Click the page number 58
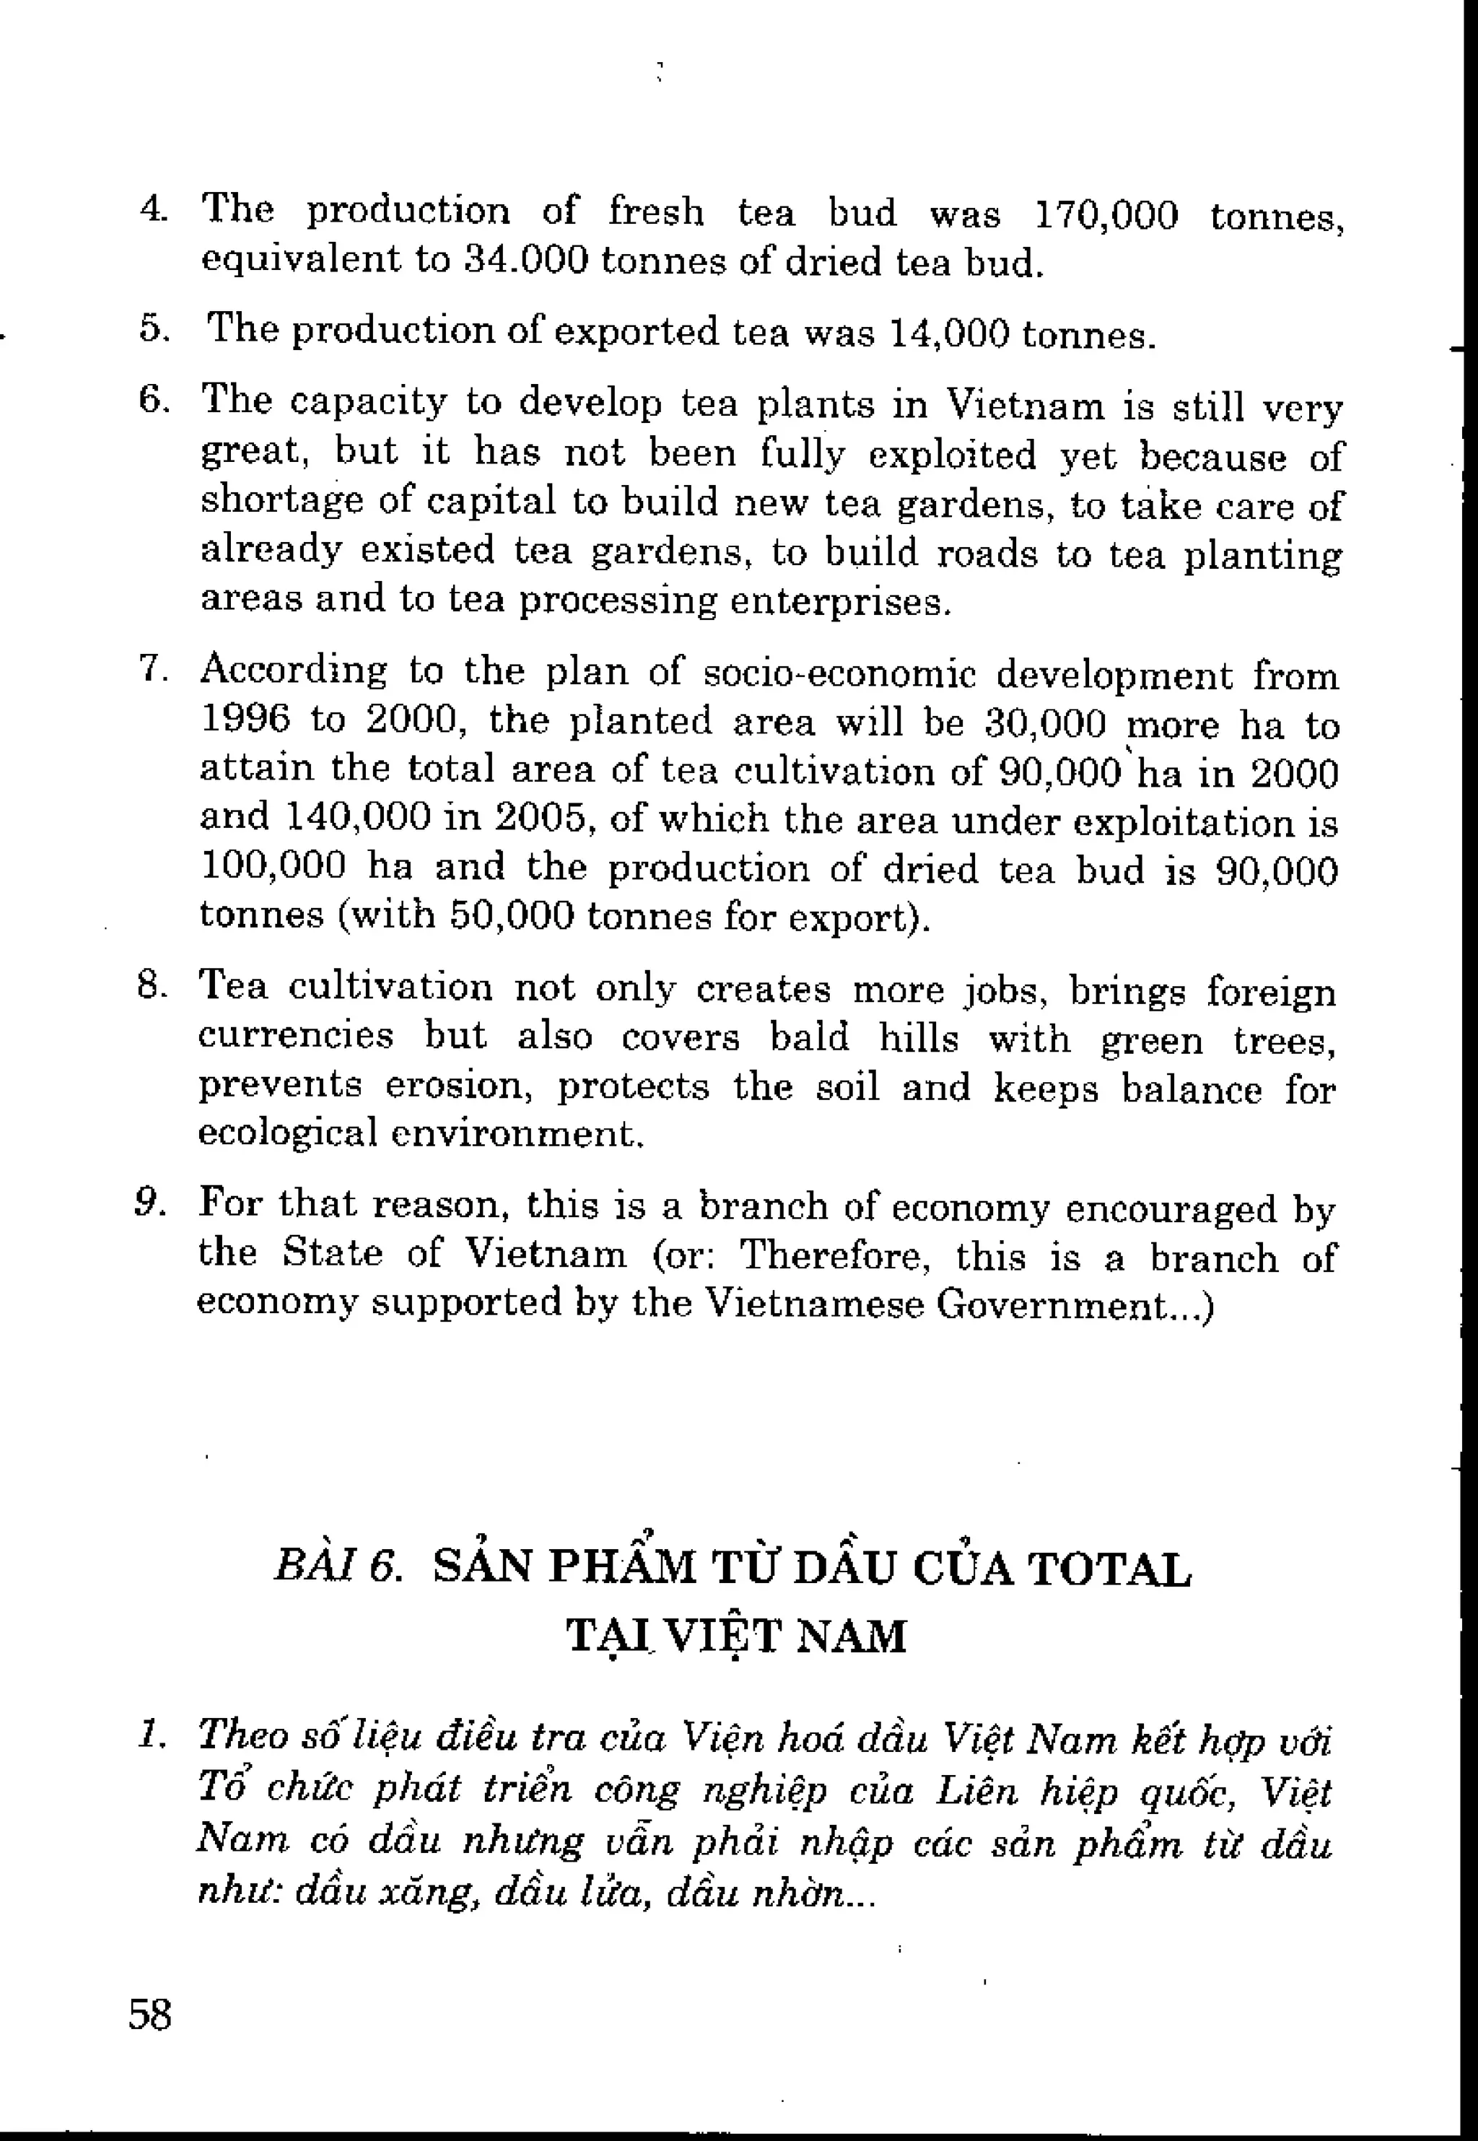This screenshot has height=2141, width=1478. click(x=150, y=2014)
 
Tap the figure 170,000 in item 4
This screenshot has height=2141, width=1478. click(x=1105, y=216)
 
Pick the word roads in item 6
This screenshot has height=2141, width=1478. click(x=987, y=553)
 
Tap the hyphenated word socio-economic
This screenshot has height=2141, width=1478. click(x=840, y=674)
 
